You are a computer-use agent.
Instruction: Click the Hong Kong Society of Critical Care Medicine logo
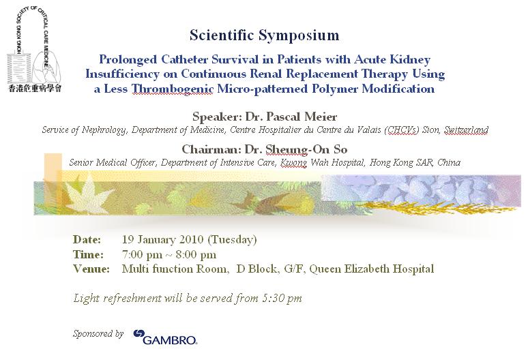click(x=34, y=49)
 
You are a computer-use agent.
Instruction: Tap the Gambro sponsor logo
click(x=165, y=337)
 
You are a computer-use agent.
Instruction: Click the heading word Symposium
click(x=299, y=35)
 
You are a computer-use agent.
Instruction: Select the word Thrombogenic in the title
click(x=172, y=89)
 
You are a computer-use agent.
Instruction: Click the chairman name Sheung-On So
click(x=306, y=149)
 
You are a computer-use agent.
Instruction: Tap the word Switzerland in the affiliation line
click(x=466, y=130)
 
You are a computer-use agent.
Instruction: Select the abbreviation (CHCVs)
click(x=402, y=130)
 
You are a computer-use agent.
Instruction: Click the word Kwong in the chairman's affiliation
click(x=293, y=163)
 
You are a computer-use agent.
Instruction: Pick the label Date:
click(x=87, y=239)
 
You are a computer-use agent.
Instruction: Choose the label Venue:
click(x=91, y=269)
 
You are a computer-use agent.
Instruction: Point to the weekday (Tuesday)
click(x=233, y=240)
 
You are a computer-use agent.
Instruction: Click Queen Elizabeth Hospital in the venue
click(x=371, y=269)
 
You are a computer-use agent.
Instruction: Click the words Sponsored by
click(x=98, y=334)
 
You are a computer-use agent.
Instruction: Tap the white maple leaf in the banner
click(x=86, y=195)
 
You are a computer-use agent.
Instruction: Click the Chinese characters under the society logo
click(x=35, y=89)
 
